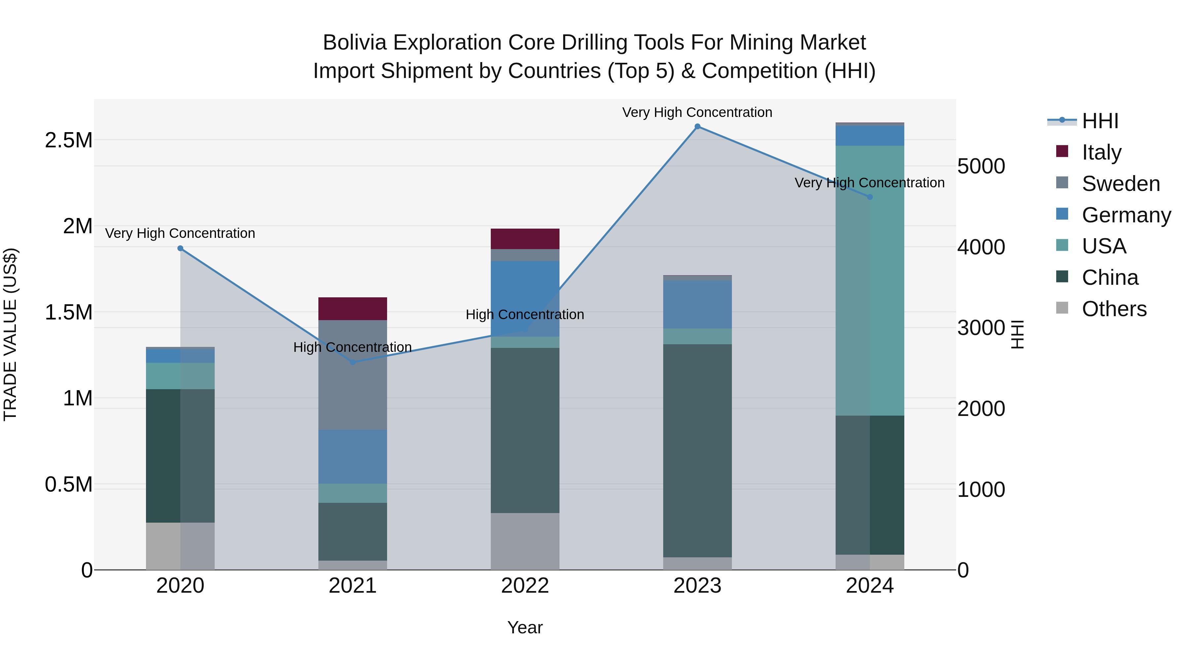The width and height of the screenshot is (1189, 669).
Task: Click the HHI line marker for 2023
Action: [698, 127]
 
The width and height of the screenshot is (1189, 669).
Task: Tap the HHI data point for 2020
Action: [180, 248]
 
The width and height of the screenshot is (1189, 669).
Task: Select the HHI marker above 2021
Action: [353, 362]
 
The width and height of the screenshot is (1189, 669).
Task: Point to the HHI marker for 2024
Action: [870, 197]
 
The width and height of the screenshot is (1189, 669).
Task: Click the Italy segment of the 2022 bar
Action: [525, 239]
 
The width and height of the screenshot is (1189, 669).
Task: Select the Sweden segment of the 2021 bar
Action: [353, 375]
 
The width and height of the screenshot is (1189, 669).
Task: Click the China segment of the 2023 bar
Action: [698, 450]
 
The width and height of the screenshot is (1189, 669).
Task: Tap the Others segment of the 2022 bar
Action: [525, 541]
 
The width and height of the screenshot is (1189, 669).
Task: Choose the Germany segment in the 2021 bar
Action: [353, 457]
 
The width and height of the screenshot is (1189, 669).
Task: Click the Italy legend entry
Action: [1101, 152]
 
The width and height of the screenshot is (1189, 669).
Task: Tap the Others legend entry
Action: [1113, 309]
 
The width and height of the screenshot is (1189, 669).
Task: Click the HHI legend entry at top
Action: [1099, 121]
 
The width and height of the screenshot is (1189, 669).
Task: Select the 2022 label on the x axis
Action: [525, 586]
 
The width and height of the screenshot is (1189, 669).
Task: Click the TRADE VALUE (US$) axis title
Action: [10, 334]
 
